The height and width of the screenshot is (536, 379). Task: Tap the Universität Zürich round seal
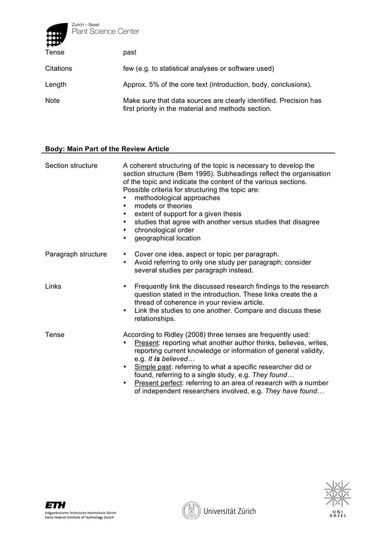[191, 510]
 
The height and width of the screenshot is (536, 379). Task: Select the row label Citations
[59, 69]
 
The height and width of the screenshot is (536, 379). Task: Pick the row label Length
[56, 85]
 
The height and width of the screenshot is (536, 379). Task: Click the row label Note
[53, 101]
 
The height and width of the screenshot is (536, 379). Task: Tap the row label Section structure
[71, 166]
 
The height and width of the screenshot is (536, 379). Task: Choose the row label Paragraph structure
[76, 254]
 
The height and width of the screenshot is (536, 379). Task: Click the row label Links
[53, 286]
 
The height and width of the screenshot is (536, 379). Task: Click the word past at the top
[130, 53]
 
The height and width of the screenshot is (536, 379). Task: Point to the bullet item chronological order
[164, 230]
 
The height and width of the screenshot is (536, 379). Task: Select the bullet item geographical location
[168, 238]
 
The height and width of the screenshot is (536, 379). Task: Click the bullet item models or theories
[163, 206]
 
